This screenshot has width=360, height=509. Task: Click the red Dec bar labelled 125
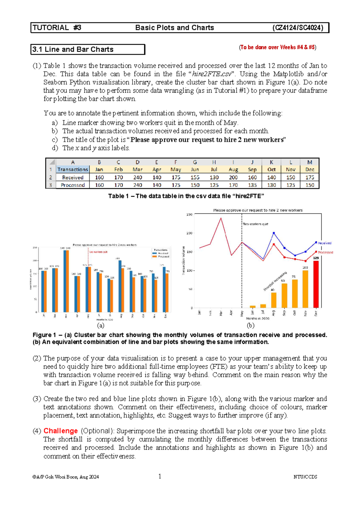(x=316, y=284)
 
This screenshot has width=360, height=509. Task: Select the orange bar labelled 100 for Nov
(x=305, y=289)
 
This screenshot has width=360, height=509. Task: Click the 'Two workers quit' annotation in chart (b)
(x=255, y=224)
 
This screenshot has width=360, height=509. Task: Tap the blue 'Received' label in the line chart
(x=325, y=243)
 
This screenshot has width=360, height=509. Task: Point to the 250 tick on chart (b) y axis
(x=189, y=214)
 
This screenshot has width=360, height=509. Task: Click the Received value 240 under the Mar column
(x=137, y=177)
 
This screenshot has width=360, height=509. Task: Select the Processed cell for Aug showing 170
(x=233, y=185)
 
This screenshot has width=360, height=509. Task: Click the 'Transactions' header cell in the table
(x=73, y=170)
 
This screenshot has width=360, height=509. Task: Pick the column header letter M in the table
(x=310, y=162)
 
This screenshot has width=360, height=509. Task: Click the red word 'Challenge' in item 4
(x=61, y=431)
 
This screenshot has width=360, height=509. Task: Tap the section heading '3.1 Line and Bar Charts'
(x=73, y=50)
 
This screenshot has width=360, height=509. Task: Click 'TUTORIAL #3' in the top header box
(x=57, y=28)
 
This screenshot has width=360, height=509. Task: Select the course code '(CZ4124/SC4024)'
(x=298, y=28)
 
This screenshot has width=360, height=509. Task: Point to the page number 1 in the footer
(x=160, y=476)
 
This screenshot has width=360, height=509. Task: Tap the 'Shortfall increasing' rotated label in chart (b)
(x=275, y=281)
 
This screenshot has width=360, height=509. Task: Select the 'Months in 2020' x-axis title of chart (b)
(x=257, y=318)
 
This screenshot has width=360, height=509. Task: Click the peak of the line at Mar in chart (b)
(x=221, y=218)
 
